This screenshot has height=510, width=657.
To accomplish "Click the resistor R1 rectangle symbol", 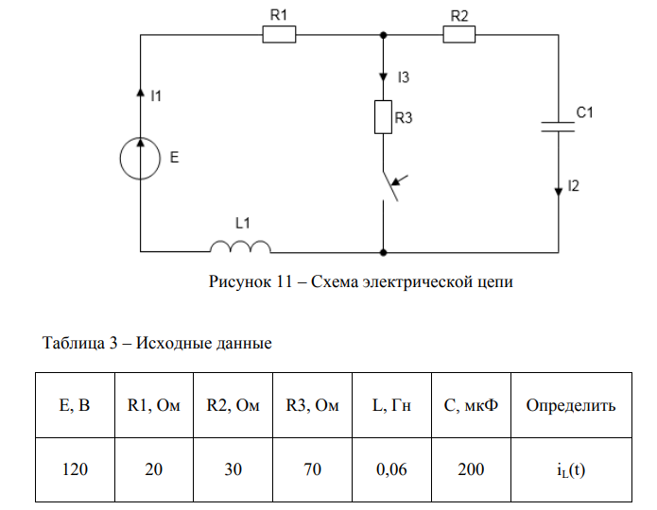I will point(279,36).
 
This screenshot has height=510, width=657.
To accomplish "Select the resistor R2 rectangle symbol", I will point(459,36).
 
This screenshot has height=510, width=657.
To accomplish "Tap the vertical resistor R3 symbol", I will point(383,117).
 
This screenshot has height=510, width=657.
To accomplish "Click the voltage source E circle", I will point(140,158).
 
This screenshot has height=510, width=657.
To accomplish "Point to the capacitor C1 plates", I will point(557,127).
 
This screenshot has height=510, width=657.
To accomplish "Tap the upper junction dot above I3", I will point(383,36).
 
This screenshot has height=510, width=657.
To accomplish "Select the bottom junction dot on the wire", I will point(383,253).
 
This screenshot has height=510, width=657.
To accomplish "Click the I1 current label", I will point(157,94).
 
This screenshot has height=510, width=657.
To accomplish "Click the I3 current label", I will point(404,76).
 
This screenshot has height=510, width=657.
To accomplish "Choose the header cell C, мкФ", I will point(471,406).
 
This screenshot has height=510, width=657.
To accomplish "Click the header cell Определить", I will point(570,406).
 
